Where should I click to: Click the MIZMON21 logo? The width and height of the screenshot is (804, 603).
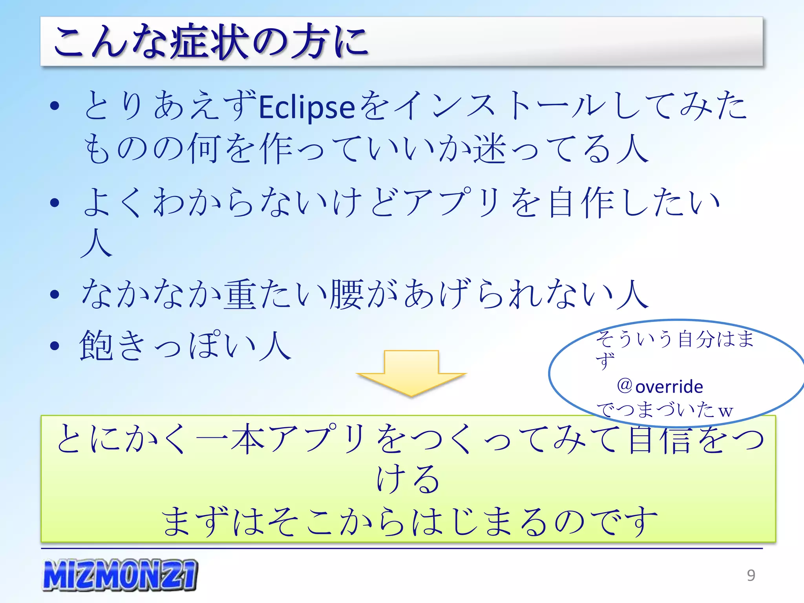(120, 575)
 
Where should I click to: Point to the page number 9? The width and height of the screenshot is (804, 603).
(751, 575)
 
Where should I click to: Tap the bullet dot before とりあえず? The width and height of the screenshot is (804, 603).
(55, 106)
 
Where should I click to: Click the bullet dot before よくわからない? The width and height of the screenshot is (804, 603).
(55, 203)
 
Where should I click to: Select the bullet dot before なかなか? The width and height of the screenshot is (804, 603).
(55, 294)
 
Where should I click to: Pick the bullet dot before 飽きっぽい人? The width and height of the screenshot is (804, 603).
(55, 346)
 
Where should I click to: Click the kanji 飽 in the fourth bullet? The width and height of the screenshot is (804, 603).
(96, 345)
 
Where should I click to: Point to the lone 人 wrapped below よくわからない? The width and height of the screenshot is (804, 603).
(97, 243)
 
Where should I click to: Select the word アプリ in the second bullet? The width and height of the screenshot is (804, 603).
(452, 203)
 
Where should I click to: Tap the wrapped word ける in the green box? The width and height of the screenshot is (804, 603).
(408, 479)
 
